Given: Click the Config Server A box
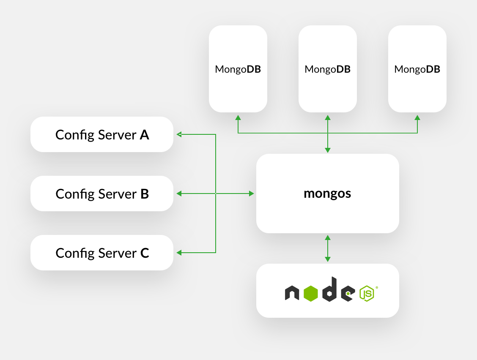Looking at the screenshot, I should [x=102, y=134].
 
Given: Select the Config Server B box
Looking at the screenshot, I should [x=102, y=194].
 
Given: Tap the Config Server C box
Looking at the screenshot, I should [x=102, y=253].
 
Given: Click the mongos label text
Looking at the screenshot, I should [x=327, y=194].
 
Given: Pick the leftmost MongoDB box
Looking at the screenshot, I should [x=238, y=69].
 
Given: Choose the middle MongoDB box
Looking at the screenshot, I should [x=328, y=69].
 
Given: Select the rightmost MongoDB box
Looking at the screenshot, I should [x=417, y=69].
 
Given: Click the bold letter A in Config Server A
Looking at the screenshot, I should [x=144, y=135].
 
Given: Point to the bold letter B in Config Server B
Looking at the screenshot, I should [x=144, y=194].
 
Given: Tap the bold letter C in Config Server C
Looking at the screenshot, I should [x=144, y=253].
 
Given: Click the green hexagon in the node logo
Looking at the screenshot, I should [x=310, y=294].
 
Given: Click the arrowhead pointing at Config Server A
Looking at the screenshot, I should [x=179, y=134].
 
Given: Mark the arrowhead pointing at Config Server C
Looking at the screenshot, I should [x=179, y=253].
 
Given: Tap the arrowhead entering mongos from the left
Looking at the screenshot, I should [x=252, y=194].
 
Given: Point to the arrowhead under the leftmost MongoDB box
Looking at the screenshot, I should [x=238, y=117].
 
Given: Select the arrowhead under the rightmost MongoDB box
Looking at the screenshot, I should [x=417, y=117].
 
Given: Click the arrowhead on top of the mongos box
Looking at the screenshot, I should [x=328, y=150].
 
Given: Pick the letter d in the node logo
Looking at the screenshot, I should [x=329, y=290].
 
